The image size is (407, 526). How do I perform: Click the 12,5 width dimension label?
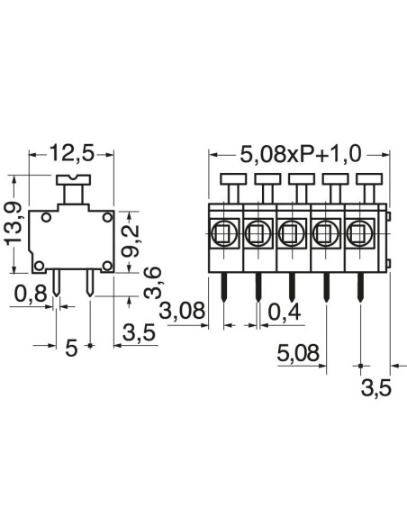(71, 153)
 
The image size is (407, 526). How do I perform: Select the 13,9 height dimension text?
(13, 222)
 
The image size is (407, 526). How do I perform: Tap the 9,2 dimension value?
(130, 240)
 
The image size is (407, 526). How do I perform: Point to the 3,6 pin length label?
(152, 283)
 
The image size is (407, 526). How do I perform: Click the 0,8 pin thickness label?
(31, 295)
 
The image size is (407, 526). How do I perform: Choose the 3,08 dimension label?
(182, 311)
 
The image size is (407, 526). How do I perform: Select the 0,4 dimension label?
(285, 313)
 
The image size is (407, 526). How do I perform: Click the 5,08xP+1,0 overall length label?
(302, 155)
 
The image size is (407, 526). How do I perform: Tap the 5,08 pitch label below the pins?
(298, 353)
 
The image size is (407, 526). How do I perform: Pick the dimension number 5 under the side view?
(71, 347)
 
